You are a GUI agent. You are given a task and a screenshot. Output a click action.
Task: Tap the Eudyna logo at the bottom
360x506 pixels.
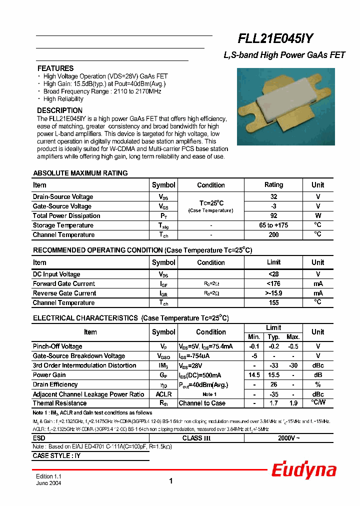tap(303, 470)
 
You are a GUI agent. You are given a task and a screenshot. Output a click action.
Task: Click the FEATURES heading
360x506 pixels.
tap(55, 68)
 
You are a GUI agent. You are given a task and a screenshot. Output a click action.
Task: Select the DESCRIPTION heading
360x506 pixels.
tap(60, 110)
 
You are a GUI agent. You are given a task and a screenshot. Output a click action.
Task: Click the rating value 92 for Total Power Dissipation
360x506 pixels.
tap(273, 216)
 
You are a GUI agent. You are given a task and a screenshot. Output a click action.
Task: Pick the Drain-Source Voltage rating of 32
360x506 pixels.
tap(273, 197)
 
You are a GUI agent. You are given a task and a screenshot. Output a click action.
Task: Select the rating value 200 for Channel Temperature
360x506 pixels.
tap(273, 235)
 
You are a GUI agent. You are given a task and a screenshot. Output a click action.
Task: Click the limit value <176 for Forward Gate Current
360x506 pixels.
tap(273, 284)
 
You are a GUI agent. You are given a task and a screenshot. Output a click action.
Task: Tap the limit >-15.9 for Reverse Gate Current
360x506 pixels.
tap(273, 293)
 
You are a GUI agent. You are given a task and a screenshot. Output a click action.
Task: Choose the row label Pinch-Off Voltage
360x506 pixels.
tap(57, 346)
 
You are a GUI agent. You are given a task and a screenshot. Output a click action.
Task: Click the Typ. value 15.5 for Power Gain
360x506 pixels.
tap(273, 375)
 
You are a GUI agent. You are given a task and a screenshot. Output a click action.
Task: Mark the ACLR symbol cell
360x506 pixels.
tap(163, 394)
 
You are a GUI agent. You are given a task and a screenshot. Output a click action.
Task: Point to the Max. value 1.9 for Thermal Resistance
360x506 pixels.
tap(293, 403)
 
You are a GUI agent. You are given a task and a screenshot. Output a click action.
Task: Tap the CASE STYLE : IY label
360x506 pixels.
tap(56, 456)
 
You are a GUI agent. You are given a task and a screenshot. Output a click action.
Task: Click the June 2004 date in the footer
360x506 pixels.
tap(48, 484)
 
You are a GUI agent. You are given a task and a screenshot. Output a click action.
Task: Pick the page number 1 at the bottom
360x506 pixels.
tap(171, 481)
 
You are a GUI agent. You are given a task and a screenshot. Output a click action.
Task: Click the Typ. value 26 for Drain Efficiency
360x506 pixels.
tap(273, 384)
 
